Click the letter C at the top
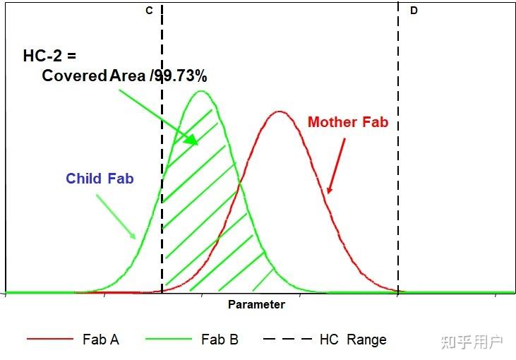pyautogui.click(x=149, y=11)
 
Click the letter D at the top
pyautogui.click(x=414, y=11)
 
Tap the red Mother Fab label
pyautogui.click(x=347, y=122)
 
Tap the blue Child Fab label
pyautogui.click(x=100, y=179)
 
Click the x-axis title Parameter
pyautogui.click(x=256, y=305)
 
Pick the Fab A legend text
pyautogui.click(x=100, y=340)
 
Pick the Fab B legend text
pyautogui.click(x=220, y=340)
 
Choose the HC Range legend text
pyautogui.click(x=353, y=340)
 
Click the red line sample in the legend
pyautogui.click(x=50, y=340)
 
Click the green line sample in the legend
pyautogui.click(x=169, y=340)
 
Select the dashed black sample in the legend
pyautogui.click(x=287, y=340)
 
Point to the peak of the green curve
pyautogui.click(x=201, y=91)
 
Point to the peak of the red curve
pyautogui.click(x=280, y=112)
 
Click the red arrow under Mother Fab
pyautogui.click(x=337, y=165)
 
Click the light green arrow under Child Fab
pyautogui.click(x=116, y=217)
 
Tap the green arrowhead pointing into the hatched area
pyautogui.click(x=193, y=140)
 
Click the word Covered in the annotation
pyautogui.click(x=74, y=76)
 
